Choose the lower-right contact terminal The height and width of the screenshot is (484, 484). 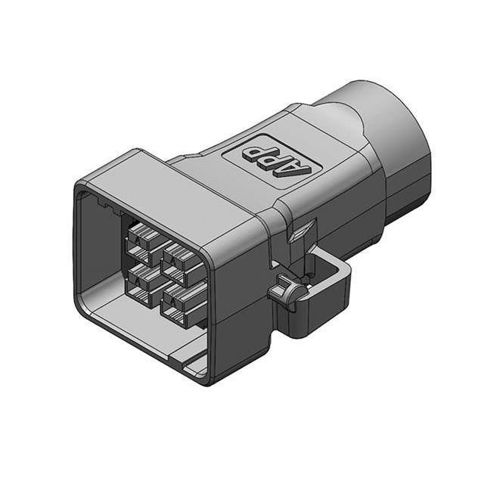(x=178, y=303)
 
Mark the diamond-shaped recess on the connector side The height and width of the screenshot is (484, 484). (x=305, y=230)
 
